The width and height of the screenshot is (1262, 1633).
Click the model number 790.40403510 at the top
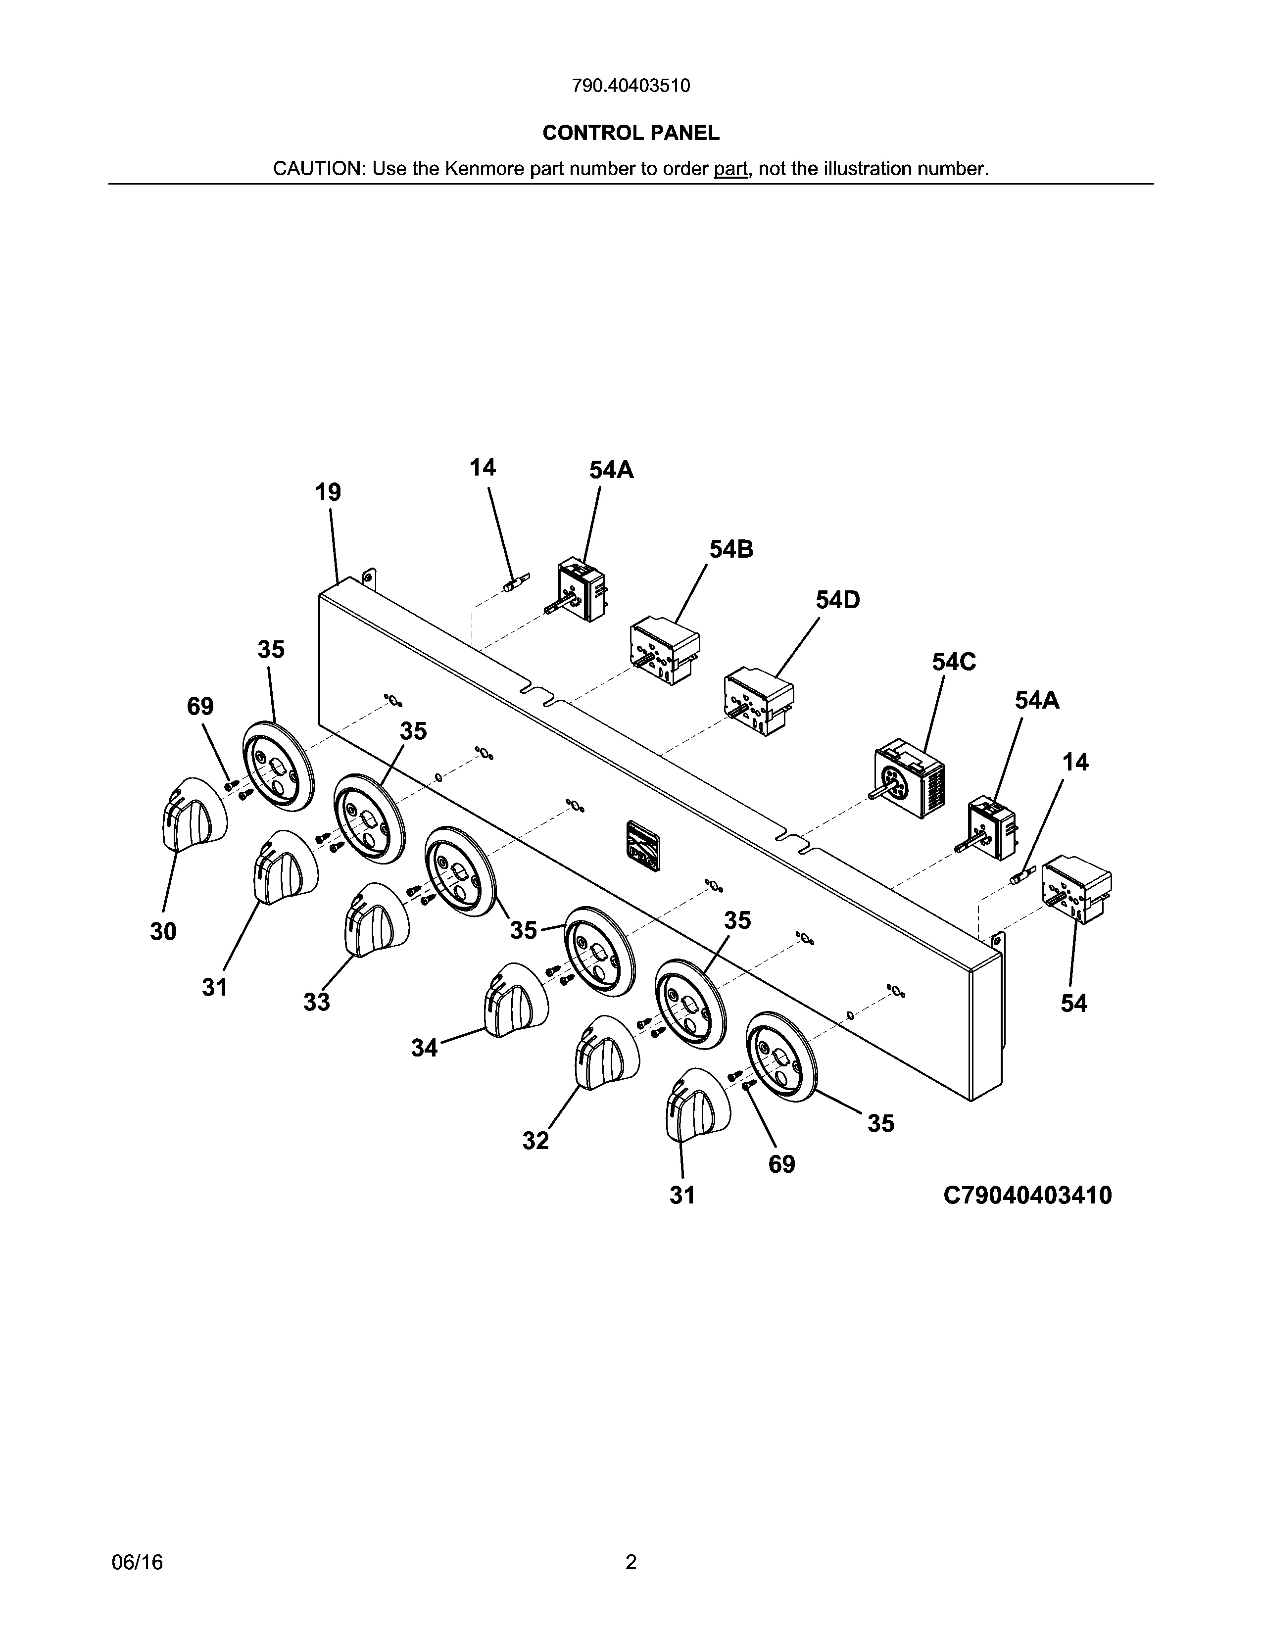click(631, 86)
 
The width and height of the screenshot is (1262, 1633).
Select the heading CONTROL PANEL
click(631, 133)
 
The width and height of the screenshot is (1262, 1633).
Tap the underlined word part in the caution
click(730, 169)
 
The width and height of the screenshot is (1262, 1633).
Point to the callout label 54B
click(731, 550)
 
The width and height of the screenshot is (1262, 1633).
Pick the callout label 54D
click(837, 600)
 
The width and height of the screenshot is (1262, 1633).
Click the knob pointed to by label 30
click(194, 813)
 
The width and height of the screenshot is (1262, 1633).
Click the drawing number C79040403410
click(1027, 1196)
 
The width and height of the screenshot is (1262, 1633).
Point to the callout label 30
click(163, 932)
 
